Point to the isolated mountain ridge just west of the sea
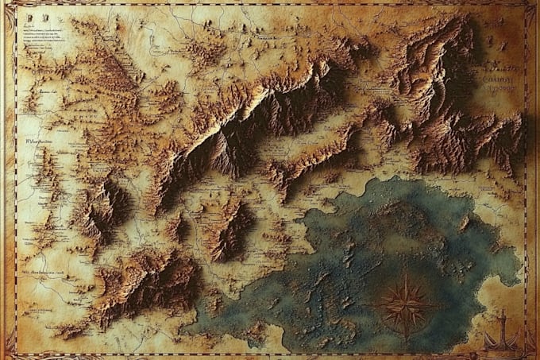pos(230,230)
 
